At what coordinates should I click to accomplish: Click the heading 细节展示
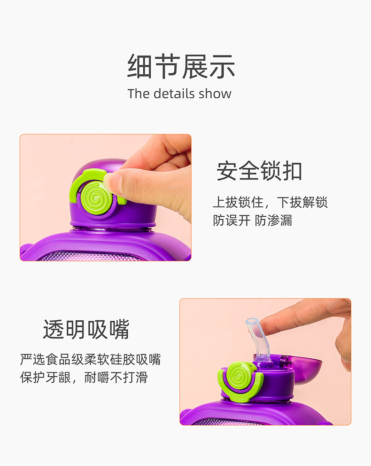pyautogui.click(x=181, y=66)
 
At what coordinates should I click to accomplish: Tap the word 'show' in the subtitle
pyautogui.click(x=215, y=94)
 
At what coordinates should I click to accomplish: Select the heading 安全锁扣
pyautogui.click(x=259, y=171)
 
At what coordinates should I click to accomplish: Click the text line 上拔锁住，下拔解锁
pyautogui.click(x=270, y=202)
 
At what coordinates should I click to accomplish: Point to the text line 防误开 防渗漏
pyautogui.click(x=253, y=220)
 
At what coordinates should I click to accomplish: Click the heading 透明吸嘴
pyautogui.click(x=86, y=329)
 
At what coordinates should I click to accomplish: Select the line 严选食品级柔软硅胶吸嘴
pyautogui.click(x=91, y=359)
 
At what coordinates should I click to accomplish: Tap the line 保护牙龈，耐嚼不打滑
pyautogui.click(x=84, y=378)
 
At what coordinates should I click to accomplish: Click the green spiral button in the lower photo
pyautogui.click(x=239, y=376)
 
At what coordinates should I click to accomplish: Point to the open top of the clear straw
pyautogui.click(x=251, y=322)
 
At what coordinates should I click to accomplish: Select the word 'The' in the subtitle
pyautogui.click(x=139, y=94)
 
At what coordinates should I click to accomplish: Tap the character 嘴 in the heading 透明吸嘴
pyautogui.click(x=119, y=329)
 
